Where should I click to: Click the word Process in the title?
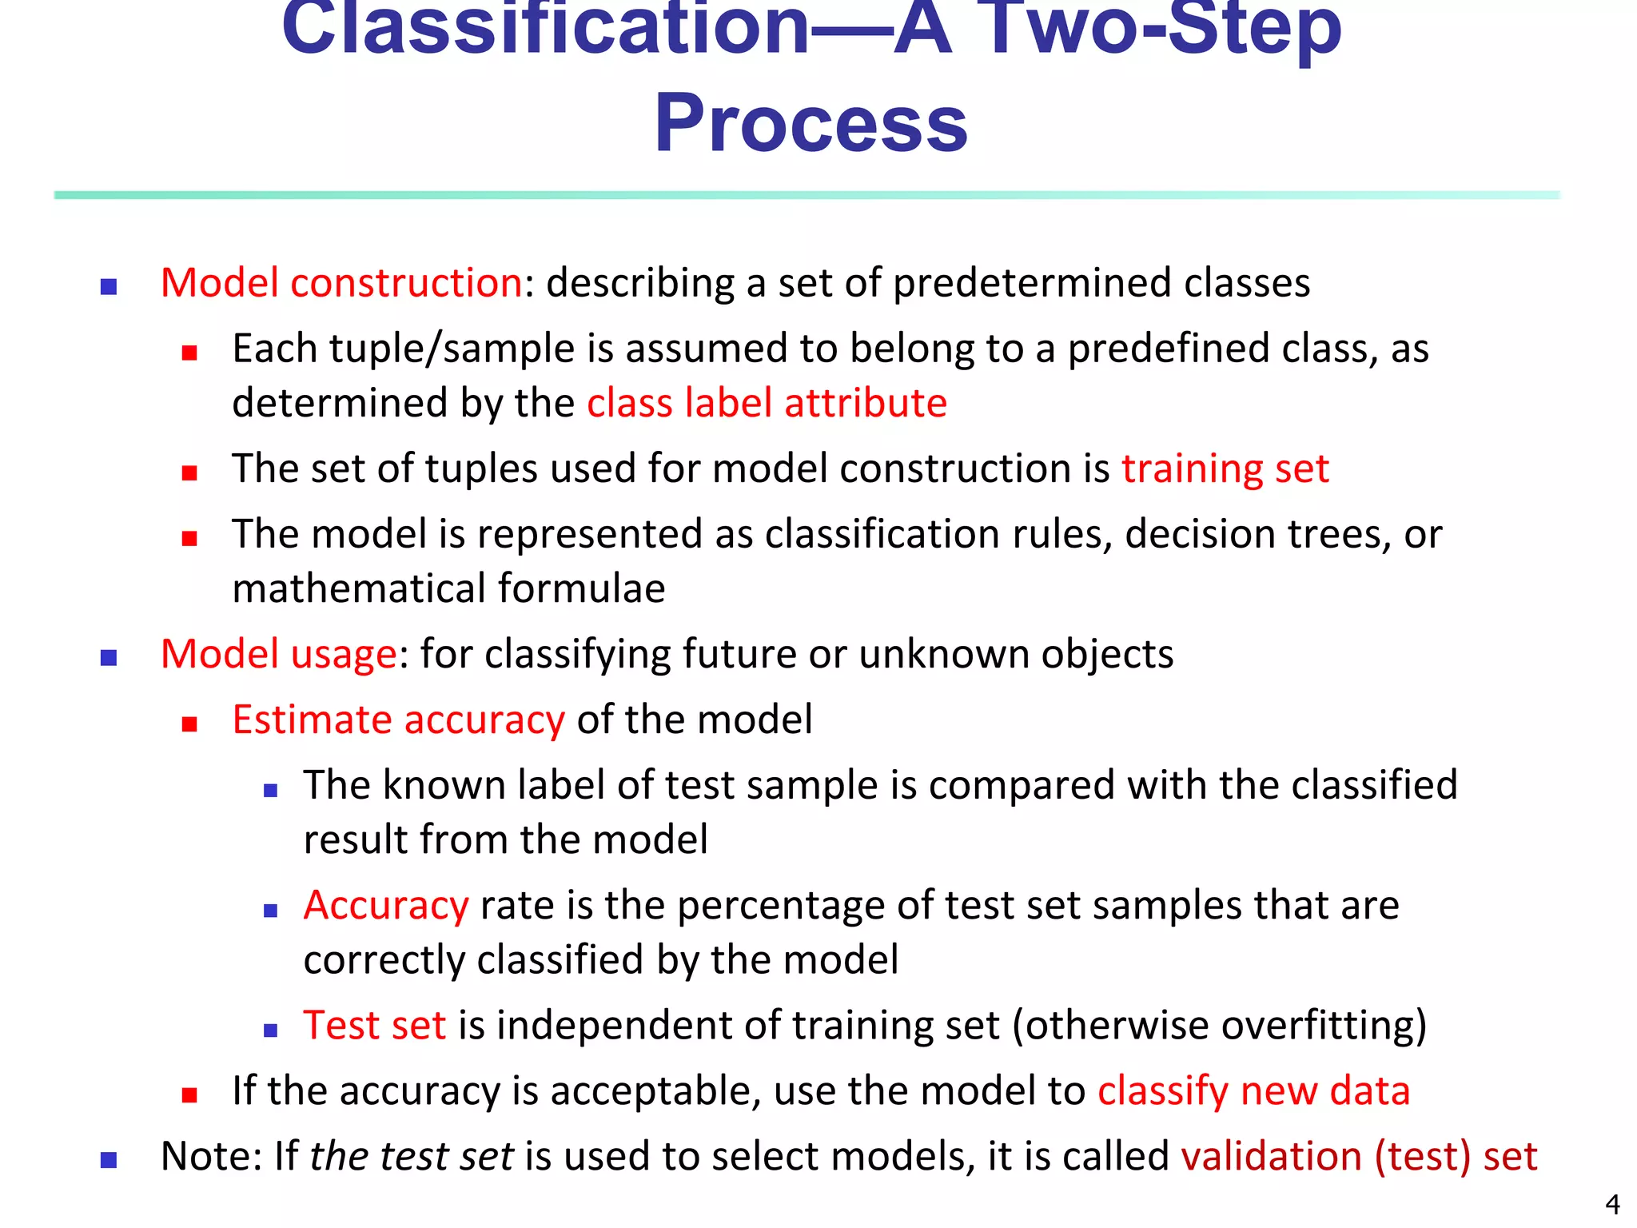(811, 124)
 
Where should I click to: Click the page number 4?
(1612, 1204)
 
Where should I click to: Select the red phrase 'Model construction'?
(342, 283)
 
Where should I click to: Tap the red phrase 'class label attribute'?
(767, 402)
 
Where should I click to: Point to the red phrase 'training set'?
(1225, 468)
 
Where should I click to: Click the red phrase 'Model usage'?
(278, 654)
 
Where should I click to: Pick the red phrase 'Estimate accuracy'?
(398, 720)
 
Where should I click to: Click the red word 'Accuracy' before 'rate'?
(386, 905)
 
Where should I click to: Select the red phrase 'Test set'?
(374, 1025)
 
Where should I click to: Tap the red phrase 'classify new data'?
(1253, 1090)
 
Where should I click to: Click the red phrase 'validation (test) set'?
(1359, 1156)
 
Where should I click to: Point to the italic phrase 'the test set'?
(412, 1156)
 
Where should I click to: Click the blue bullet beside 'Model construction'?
(109, 286)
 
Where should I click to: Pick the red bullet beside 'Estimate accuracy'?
(189, 724)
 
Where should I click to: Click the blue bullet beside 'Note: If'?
(109, 1160)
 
